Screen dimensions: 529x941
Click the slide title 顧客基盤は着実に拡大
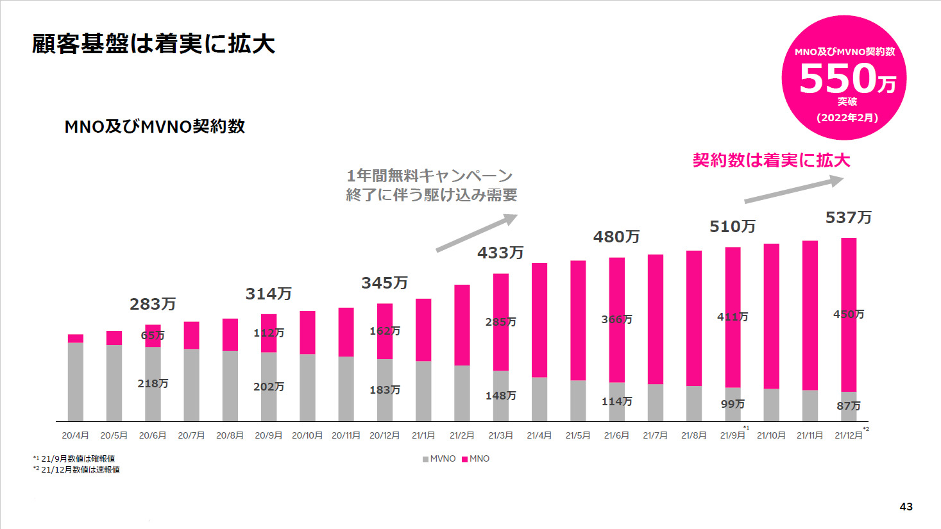153,44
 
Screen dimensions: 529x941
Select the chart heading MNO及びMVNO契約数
155,126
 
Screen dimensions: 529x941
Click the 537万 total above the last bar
848,218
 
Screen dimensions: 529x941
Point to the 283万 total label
153,304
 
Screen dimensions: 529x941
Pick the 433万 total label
500,253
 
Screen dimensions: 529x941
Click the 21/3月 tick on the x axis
500,435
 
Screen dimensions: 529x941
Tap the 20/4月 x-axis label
75,435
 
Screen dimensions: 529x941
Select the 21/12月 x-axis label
848,435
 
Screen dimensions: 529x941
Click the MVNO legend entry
439,458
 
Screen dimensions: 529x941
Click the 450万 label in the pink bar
849,314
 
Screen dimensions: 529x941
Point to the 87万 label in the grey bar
849,406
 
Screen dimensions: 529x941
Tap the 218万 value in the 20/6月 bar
153,383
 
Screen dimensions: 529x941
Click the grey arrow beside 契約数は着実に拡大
793,190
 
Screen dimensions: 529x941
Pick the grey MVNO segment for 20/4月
76,382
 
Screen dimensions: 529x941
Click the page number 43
906,507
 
